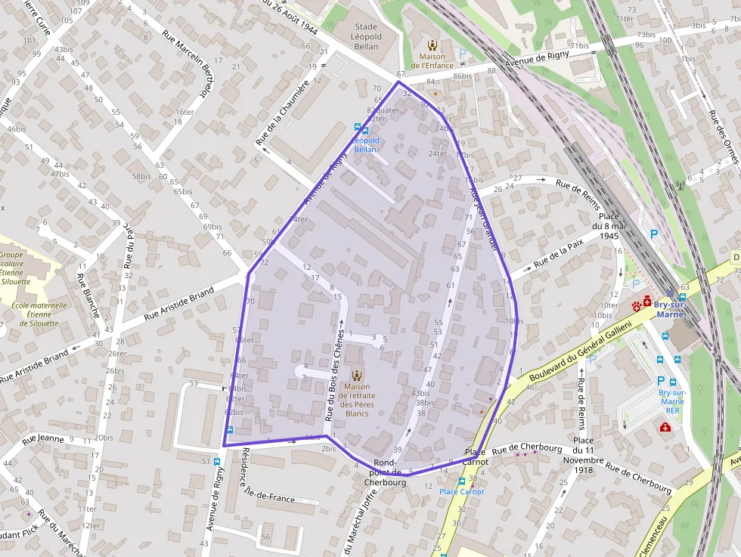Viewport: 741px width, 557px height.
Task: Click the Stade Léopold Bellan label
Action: [366, 36]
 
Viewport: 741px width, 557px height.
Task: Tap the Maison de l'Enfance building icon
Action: [432, 45]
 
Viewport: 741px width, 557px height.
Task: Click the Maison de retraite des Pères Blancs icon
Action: [357, 375]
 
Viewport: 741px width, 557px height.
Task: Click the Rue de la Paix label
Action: [559, 255]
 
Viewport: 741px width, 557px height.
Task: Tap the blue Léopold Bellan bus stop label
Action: [365, 145]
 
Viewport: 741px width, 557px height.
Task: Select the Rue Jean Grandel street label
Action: [484, 219]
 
